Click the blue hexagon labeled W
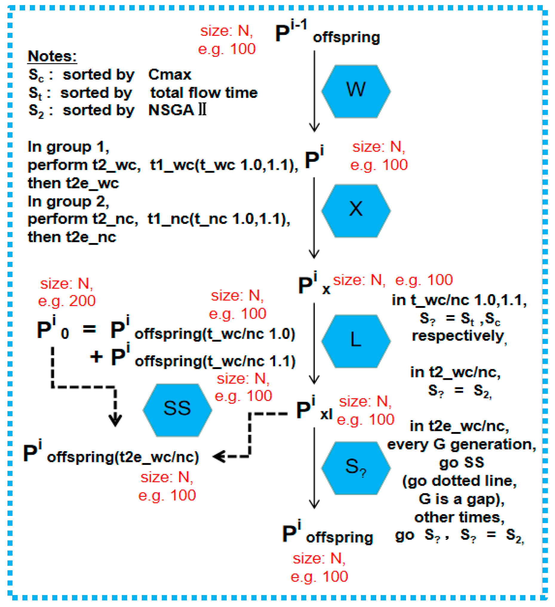(356, 91)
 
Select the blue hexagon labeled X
(356, 210)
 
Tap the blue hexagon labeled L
(356, 341)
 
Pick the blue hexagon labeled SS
(177, 410)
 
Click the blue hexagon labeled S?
(356, 468)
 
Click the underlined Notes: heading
(52, 56)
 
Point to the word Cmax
(170, 75)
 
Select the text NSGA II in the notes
(177, 110)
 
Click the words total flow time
(204, 93)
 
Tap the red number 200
(82, 301)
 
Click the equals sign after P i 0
(90, 329)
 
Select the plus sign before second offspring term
(96, 357)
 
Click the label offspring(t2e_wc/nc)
(123, 457)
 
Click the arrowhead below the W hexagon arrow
(314, 128)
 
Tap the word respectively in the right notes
(458, 336)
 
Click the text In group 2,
(68, 202)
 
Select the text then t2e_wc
(73, 183)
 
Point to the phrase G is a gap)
(461, 499)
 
